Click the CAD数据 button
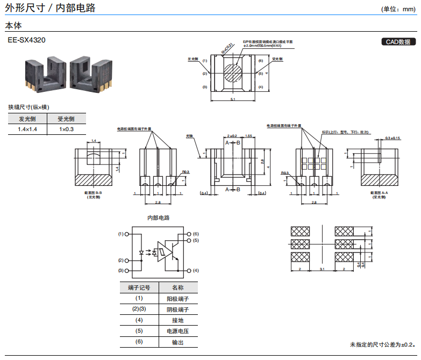click(x=398, y=42)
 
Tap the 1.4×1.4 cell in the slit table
click(x=27, y=129)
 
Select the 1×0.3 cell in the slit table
click(x=67, y=129)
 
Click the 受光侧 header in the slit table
click(x=67, y=119)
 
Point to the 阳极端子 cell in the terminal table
click(x=177, y=298)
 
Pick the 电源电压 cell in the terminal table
click(x=177, y=331)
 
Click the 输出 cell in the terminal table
click(x=177, y=342)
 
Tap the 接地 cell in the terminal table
click(x=177, y=320)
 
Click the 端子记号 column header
click(x=139, y=287)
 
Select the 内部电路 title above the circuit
click(x=158, y=218)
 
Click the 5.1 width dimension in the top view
click(x=232, y=99)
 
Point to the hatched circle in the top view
click(x=232, y=73)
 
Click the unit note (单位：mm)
click(x=398, y=9)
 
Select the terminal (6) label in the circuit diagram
click(x=196, y=234)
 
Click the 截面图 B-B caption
click(x=93, y=192)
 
